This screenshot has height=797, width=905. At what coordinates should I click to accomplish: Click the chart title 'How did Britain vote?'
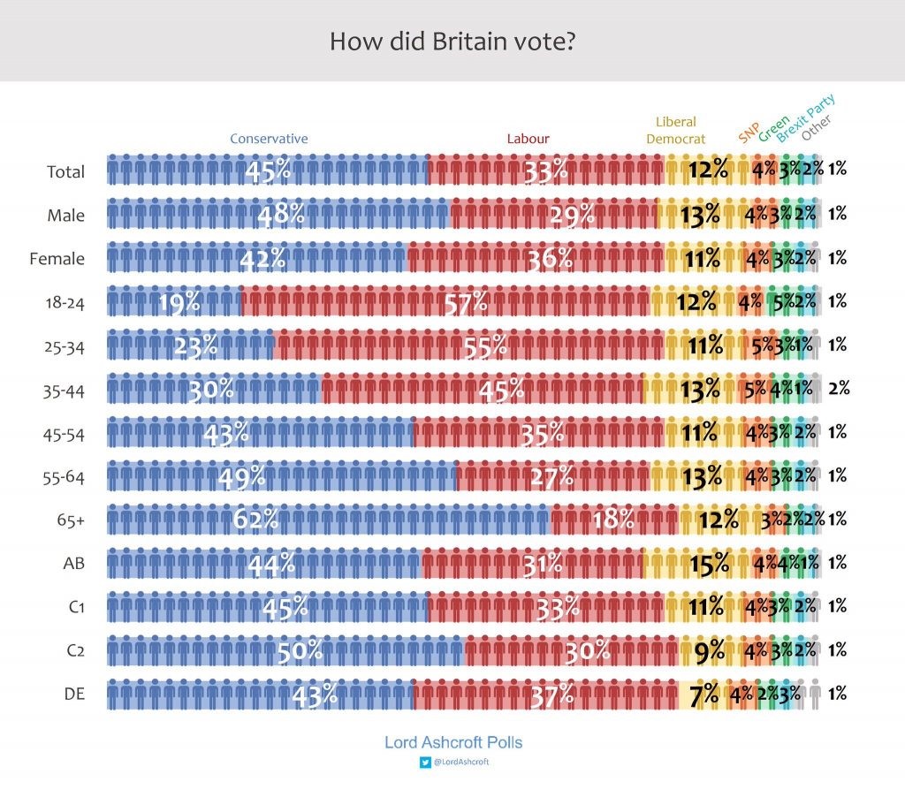[x=452, y=42]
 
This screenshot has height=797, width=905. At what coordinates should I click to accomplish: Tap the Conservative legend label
[x=269, y=139]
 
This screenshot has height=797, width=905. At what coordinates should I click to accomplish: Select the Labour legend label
[x=528, y=139]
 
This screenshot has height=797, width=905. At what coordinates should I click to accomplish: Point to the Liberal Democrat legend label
[x=676, y=130]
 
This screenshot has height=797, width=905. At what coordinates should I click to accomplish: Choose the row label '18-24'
[x=67, y=302]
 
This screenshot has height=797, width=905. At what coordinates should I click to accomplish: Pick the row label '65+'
[x=71, y=520]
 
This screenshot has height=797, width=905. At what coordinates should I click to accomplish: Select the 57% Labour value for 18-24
[x=466, y=302]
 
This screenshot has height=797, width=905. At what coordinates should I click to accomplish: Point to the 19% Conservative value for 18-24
[x=179, y=302]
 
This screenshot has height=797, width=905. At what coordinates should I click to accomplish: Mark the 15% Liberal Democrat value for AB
[x=709, y=563]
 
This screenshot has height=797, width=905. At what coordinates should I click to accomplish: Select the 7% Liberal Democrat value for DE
[x=703, y=695]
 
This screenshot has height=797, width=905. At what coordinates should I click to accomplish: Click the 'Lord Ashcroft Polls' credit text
[x=452, y=742]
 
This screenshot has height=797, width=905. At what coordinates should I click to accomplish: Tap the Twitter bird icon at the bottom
[x=424, y=762]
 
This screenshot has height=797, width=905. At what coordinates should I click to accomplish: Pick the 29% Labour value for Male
[x=551, y=215]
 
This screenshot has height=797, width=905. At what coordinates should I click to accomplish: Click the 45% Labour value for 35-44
[x=501, y=389]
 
